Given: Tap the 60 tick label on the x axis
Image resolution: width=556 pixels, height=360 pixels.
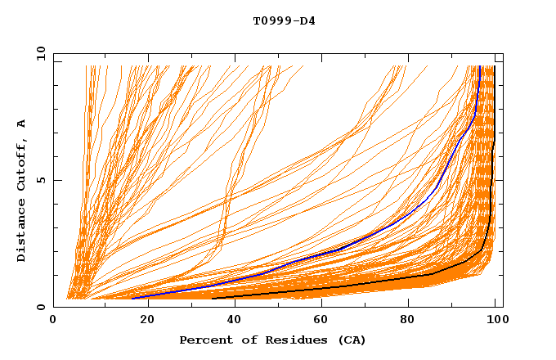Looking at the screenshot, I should tap(324, 321).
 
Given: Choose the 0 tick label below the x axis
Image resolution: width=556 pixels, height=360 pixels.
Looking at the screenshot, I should tap(54, 321).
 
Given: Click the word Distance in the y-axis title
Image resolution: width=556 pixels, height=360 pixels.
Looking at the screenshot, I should tap(21, 232).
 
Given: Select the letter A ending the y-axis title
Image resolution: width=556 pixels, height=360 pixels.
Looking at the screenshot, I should tap(21, 124).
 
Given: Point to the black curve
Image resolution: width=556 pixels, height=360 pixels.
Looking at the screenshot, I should tap(368, 283).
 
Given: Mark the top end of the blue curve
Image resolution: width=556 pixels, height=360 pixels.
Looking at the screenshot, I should tap(478, 67).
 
